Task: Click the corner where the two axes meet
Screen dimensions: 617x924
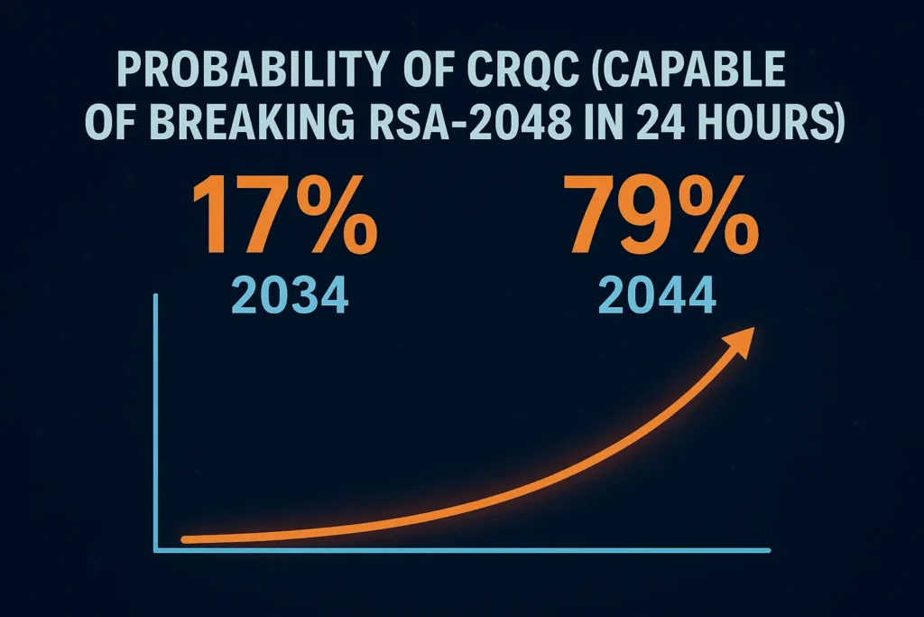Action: click(158, 548)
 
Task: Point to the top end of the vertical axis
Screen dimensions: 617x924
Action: click(158, 296)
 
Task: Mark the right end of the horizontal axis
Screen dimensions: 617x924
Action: click(768, 548)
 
